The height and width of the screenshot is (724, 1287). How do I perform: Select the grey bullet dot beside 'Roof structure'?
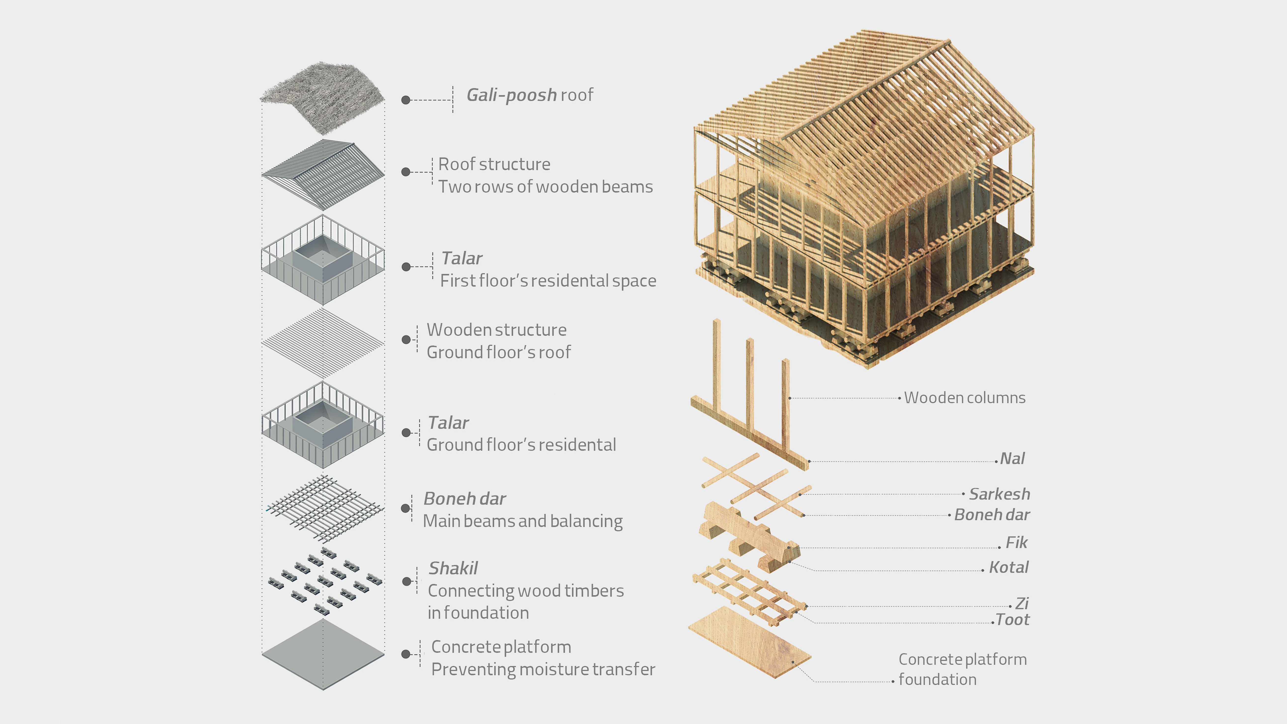pyautogui.click(x=406, y=172)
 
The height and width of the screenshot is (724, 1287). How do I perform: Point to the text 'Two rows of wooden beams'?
pyautogui.click(x=545, y=187)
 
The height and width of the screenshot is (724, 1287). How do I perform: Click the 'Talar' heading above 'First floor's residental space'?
pyautogui.click(x=462, y=258)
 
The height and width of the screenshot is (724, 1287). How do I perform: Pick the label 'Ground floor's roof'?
pyautogui.click(x=498, y=352)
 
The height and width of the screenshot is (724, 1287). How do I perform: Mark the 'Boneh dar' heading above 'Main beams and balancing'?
pyautogui.click(x=464, y=499)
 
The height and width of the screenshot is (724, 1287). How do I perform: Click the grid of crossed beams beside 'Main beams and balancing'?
pyautogui.click(x=324, y=508)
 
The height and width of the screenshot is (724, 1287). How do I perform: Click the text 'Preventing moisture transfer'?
pyautogui.click(x=543, y=669)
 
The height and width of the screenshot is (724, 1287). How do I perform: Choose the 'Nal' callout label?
pyautogui.click(x=1012, y=459)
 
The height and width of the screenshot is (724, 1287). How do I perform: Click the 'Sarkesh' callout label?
pyautogui.click(x=999, y=494)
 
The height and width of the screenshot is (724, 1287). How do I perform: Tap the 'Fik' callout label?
pyautogui.click(x=1016, y=543)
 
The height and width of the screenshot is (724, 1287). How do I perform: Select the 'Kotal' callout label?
pyautogui.click(x=1008, y=568)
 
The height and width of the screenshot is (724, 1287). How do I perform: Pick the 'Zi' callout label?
pyautogui.click(x=1022, y=604)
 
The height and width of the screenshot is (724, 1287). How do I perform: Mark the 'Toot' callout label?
pyautogui.click(x=1012, y=620)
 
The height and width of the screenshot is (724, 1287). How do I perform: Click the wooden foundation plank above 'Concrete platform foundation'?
pyautogui.click(x=749, y=642)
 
